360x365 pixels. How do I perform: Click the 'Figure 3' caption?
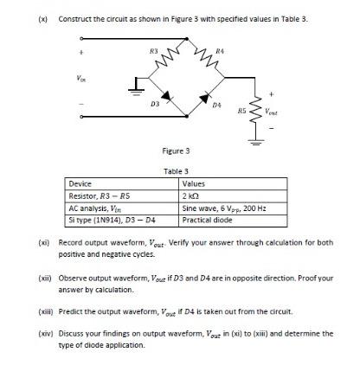[176, 151]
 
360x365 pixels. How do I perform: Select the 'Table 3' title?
[176, 171]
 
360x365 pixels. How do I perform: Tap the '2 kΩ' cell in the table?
[192, 196]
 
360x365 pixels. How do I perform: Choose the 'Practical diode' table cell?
[206, 220]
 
